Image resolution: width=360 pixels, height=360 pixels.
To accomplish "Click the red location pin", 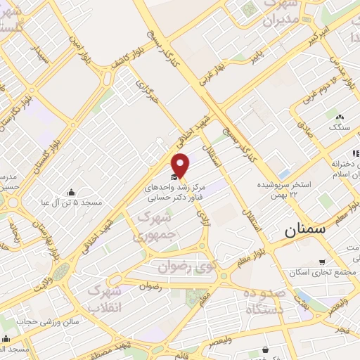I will point(181,165).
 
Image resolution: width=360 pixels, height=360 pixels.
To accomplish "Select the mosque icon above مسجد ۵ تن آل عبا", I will point(70,192).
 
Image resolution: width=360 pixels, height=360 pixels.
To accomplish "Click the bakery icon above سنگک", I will point(340,117).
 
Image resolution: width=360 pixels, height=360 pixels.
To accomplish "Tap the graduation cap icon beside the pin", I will point(174,177).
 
